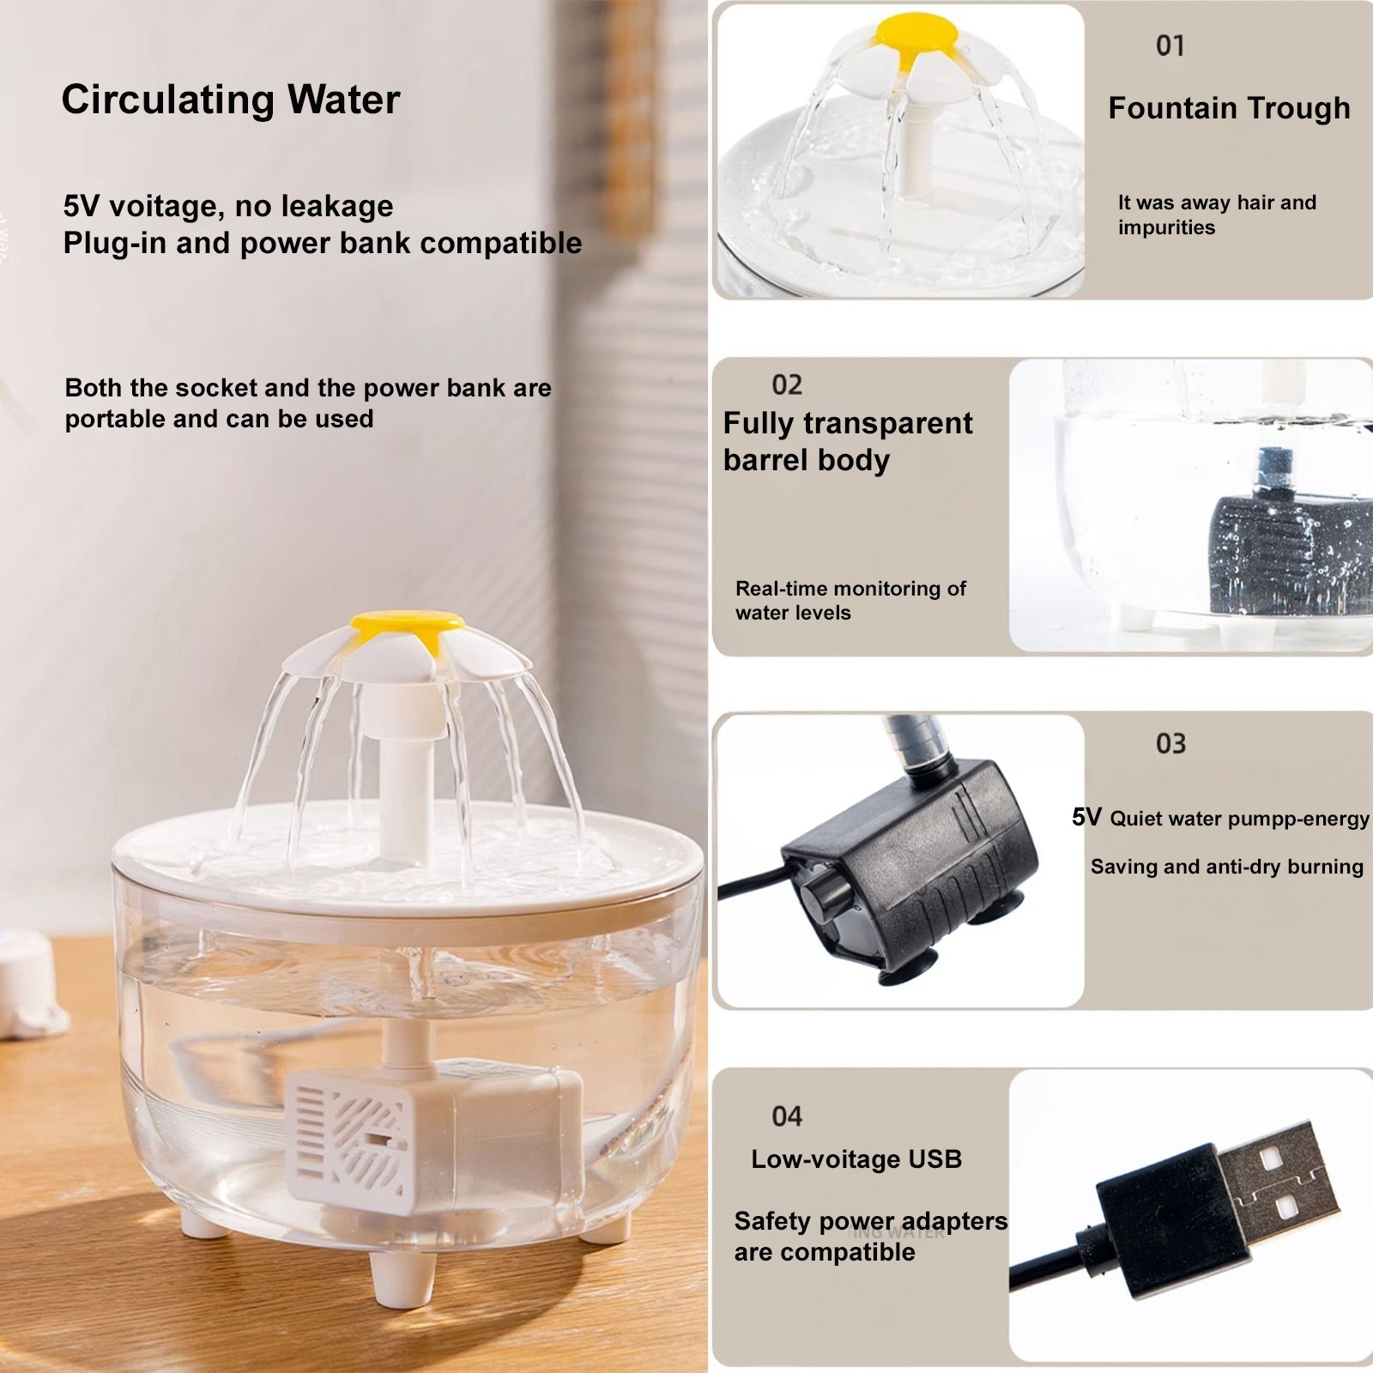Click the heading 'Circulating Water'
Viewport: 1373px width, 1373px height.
pyautogui.click(x=230, y=100)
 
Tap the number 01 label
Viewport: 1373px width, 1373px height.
pyautogui.click(x=1170, y=45)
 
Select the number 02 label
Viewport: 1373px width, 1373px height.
pyautogui.click(x=786, y=384)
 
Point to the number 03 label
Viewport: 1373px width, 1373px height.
pyautogui.click(x=1170, y=743)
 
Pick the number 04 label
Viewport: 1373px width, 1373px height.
pyautogui.click(x=786, y=1116)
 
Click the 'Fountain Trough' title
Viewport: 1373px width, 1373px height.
pyautogui.click(x=1229, y=108)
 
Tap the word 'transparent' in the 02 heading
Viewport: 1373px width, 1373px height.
pyautogui.click(x=888, y=423)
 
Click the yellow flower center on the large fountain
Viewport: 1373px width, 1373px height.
pyautogui.click(x=408, y=620)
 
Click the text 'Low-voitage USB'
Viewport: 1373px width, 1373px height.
pyautogui.click(x=856, y=1159)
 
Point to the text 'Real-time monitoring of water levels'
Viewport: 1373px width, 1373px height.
pyautogui.click(x=850, y=601)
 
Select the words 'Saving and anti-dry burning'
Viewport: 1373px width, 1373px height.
pyautogui.click(x=1226, y=867)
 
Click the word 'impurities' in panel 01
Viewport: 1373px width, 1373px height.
pyautogui.click(x=1166, y=227)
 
